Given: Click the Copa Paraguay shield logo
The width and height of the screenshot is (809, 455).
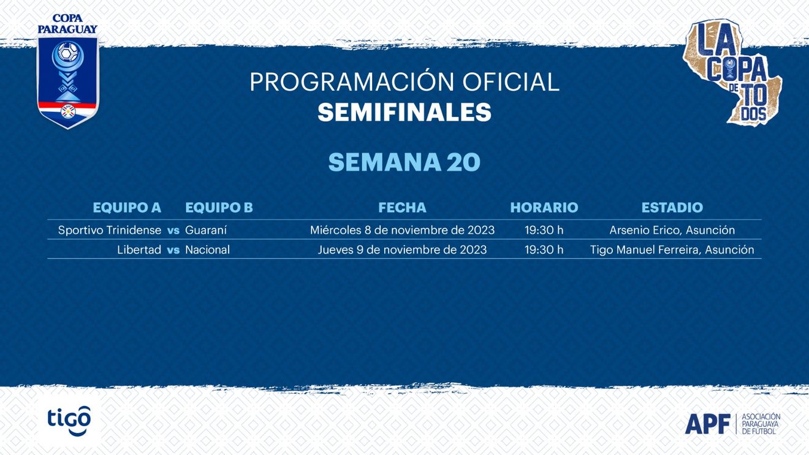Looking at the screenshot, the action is [67, 72].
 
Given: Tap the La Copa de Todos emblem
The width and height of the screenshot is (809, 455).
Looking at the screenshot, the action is [732, 73].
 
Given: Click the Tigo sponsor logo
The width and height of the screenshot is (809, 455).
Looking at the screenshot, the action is [69, 421].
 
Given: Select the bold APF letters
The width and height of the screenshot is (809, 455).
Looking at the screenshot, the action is [707, 424].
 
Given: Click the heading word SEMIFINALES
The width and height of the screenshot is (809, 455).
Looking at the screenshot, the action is [404, 112].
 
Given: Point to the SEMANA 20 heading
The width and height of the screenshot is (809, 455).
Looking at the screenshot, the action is [404, 162].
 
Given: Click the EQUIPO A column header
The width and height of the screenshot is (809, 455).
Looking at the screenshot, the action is [127, 208].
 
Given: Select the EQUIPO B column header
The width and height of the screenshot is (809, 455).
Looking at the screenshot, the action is [219, 208].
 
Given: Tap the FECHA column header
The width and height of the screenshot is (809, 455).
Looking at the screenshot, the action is [402, 208].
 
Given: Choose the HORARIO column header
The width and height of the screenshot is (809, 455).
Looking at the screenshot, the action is [544, 208].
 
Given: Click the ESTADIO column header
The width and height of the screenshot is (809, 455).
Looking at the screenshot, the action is [672, 208].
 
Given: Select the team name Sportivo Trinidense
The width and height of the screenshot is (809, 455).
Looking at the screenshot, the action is [110, 230].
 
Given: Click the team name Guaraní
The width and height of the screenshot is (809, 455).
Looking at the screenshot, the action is [206, 230].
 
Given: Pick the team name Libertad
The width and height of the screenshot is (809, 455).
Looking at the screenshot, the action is [139, 250].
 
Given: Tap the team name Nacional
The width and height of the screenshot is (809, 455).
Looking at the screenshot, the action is [207, 250].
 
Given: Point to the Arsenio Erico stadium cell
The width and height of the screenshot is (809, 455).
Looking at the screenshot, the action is [672, 230].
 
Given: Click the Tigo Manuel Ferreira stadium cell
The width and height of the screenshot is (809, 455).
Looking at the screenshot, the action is [672, 250].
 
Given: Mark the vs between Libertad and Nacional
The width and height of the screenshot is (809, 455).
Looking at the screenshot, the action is [173, 250].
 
